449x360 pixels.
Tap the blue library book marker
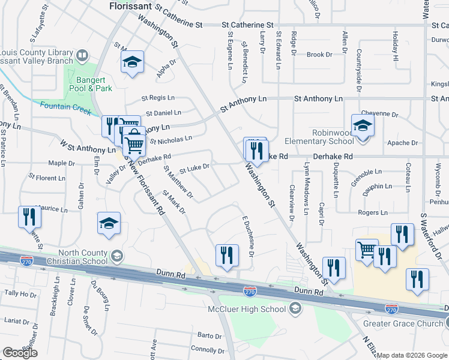pyautogui.click(x=82, y=57)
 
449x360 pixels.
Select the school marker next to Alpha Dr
pyautogui.click(x=132, y=62)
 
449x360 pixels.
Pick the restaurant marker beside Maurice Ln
pyautogui.click(x=29, y=217)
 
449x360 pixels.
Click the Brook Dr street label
pyautogui.click(x=319, y=55)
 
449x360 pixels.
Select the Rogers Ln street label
pyautogui.click(x=372, y=212)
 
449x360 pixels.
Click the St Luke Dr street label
pyautogui.click(x=194, y=168)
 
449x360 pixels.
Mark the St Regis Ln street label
pyautogui.click(x=158, y=97)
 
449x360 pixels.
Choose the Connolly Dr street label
pyautogui.click(x=207, y=349)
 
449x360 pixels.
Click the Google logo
pyautogui.click(x=20, y=353)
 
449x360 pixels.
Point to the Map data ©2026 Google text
pyautogui.click(x=412, y=355)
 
